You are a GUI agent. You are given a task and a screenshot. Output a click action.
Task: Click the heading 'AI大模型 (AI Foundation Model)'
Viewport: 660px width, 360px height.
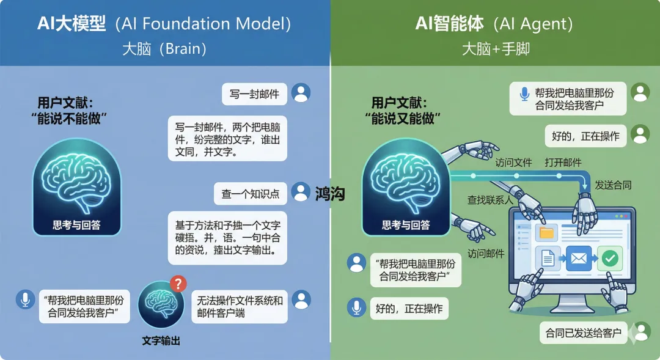pyautogui.click(x=164, y=24)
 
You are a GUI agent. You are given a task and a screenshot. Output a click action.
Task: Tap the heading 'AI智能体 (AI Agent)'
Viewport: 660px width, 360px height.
pyautogui.click(x=494, y=24)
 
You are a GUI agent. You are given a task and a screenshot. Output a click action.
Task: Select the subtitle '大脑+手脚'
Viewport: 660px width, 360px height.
pyautogui.click(x=495, y=49)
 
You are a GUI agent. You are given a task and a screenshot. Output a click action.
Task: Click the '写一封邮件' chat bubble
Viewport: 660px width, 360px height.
pyautogui.click(x=254, y=94)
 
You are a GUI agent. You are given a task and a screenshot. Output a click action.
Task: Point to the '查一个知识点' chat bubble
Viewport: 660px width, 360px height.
pyautogui.click(x=251, y=194)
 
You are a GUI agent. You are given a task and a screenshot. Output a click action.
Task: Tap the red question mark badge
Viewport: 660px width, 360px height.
pyautogui.click(x=177, y=283)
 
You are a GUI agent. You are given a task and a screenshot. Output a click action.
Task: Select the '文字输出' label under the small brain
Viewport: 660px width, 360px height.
pyautogui.click(x=161, y=340)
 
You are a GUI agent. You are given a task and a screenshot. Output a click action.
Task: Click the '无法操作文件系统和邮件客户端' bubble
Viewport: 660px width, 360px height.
pyautogui.click(x=240, y=307)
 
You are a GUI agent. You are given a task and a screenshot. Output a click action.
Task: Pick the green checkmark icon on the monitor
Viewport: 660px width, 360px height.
pyautogui.click(x=609, y=259)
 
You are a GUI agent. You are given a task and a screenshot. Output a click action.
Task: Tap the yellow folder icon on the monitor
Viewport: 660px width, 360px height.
pyautogui.click(x=546, y=233)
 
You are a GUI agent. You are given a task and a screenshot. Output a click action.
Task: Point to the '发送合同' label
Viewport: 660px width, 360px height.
pyautogui.click(x=613, y=185)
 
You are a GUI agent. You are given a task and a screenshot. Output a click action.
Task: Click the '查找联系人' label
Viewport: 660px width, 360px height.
pyautogui.click(x=487, y=199)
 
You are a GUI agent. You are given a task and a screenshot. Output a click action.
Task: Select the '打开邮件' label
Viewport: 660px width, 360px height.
pyautogui.click(x=563, y=163)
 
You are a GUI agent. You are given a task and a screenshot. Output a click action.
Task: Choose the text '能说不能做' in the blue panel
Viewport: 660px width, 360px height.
pyautogui.click(x=68, y=119)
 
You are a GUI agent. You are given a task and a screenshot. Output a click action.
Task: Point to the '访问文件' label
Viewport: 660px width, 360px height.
pyautogui.click(x=513, y=163)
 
